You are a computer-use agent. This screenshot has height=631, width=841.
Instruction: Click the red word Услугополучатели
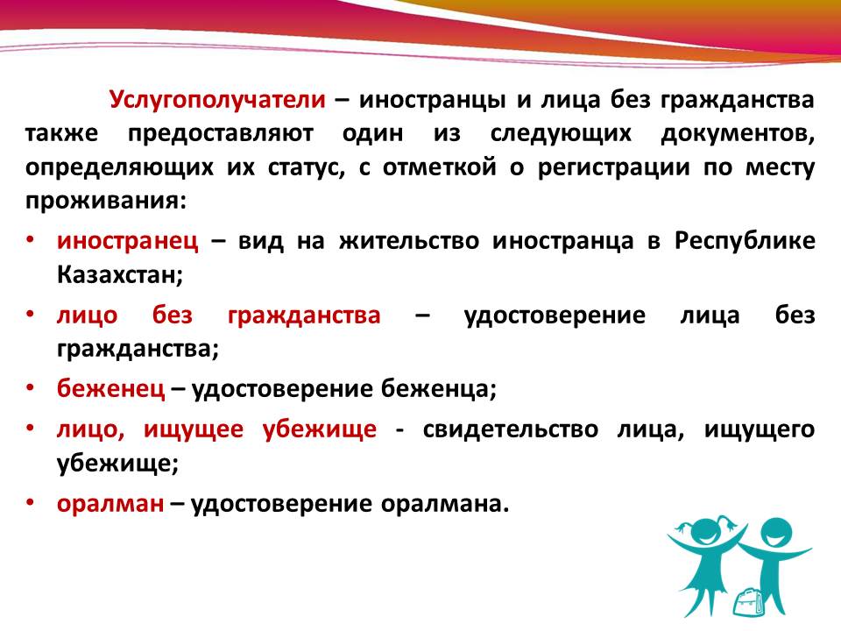(218, 100)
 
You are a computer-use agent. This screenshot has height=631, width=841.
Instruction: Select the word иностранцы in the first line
(432, 101)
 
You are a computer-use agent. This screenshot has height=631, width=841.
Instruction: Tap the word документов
(738, 133)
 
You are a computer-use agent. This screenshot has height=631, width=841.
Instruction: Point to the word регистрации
(614, 168)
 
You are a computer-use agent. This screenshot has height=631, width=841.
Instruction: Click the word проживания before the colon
(102, 202)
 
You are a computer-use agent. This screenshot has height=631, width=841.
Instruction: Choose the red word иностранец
(128, 242)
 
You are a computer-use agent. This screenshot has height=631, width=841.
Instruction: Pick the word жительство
(409, 241)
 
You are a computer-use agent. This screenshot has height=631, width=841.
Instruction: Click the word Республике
(745, 241)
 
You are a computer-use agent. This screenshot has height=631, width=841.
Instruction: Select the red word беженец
(111, 388)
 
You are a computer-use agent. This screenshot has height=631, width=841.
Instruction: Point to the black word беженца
(435, 389)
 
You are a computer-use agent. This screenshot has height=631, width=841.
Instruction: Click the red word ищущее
(194, 429)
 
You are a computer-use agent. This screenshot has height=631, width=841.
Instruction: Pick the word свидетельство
(510, 429)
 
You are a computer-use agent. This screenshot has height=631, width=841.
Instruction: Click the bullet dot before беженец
(31, 386)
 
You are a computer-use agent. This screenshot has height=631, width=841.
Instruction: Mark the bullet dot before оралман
(31, 501)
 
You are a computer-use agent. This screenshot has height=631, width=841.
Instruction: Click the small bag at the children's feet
(747, 602)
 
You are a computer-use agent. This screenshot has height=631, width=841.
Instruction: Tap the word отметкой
(439, 168)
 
